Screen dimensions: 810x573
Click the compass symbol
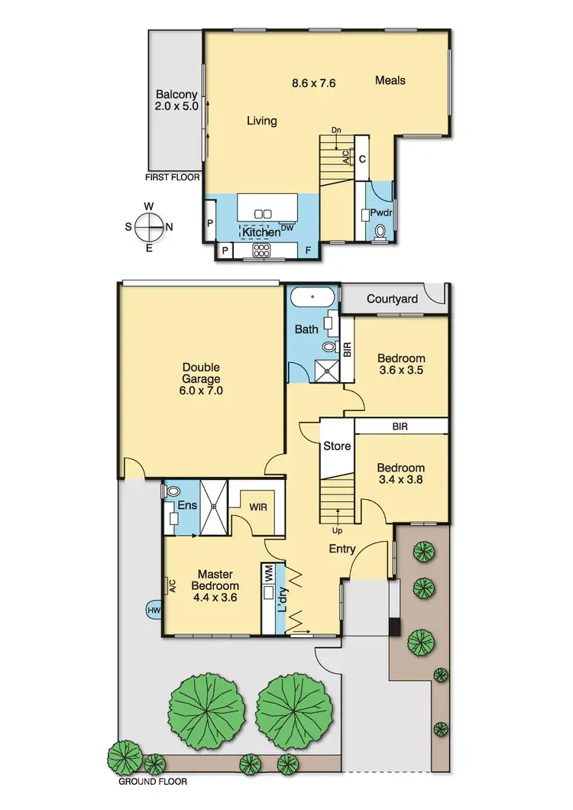pos(149,227)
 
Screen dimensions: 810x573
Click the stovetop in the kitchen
pos(261,250)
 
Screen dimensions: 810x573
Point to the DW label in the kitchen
pos(287,228)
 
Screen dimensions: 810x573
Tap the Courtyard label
pos(392,299)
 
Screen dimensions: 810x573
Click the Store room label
pos(336,446)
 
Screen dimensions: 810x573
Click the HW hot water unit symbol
pos(153,610)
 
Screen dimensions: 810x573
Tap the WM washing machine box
pos(269,575)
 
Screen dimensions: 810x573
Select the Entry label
pos(342,548)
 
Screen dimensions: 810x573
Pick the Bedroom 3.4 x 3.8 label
pos(401,474)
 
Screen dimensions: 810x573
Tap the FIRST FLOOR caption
pos(173,177)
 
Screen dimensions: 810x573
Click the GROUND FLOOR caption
pos(154,782)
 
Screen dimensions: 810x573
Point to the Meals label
pos(390,80)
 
